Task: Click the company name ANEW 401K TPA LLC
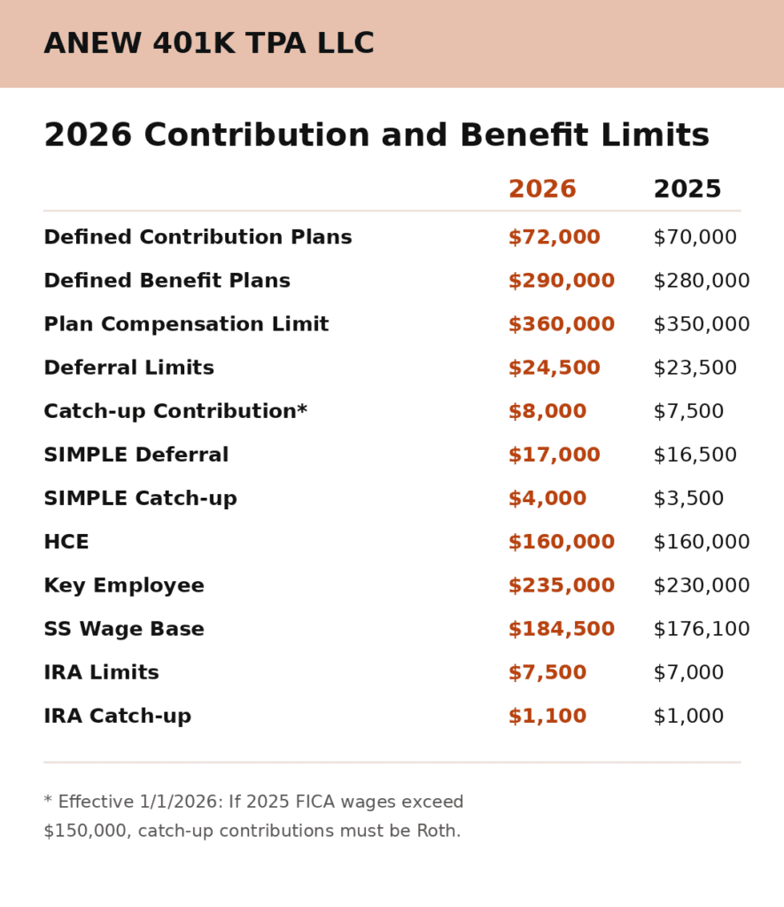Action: (x=209, y=44)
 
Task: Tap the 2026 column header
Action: (x=542, y=190)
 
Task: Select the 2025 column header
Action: (x=687, y=190)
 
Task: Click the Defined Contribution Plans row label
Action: (x=198, y=237)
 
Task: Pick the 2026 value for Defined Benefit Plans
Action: (x=561, y=281)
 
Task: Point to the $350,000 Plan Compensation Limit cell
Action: (x=702, y=324)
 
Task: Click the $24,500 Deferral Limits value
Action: (x=554, y=368)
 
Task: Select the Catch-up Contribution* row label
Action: (x=175, y=411)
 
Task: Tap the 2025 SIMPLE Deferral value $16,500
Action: (x=695, y=455)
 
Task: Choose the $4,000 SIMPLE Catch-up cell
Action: (x=547, y=499)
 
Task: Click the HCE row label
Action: (x=66, y=542)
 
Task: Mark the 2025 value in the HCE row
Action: (x=702, y=542)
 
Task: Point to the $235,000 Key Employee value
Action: (x=561, y=585)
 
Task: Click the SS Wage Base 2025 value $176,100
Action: (x=702, y=629)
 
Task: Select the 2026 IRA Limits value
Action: (x=547, y=672)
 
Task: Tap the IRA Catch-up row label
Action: (x=117, y=716)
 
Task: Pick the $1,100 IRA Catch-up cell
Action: (x=547, y=716)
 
